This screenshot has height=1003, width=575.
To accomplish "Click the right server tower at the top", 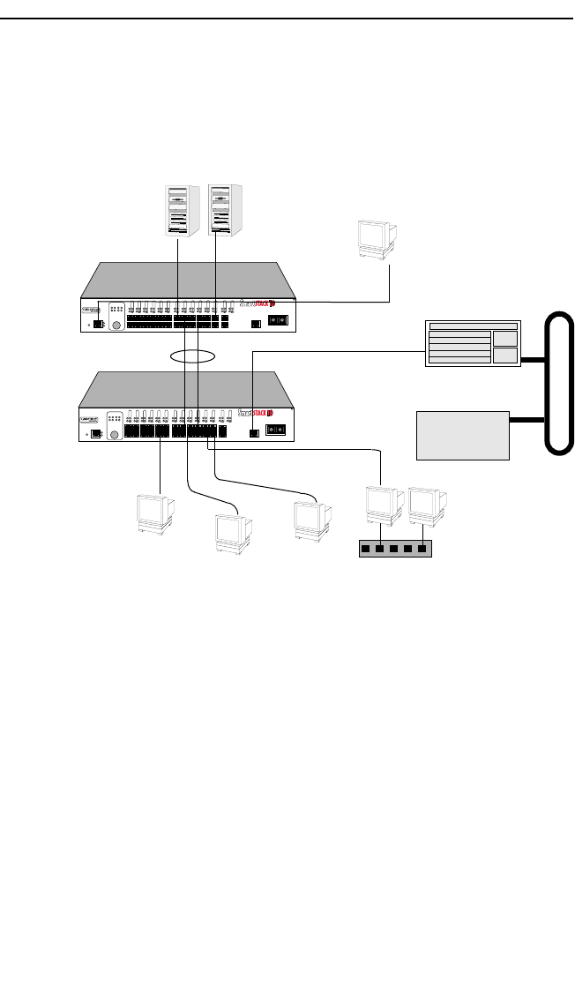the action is [x=224, y=210].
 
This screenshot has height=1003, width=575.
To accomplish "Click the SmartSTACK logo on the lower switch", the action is [x=258, y=413].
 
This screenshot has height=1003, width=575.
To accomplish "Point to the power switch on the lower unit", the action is [x=280, y=431].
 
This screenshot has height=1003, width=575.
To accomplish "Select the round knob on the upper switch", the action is [x=115, y=325].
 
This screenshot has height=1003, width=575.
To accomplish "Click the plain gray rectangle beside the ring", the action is [x=463, y=435].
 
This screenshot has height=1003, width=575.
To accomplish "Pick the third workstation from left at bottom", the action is [x=311, y=520].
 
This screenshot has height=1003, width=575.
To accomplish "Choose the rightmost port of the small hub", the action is [x=423, y=549].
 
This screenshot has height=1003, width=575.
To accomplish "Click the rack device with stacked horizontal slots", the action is [x=472, y=343].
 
